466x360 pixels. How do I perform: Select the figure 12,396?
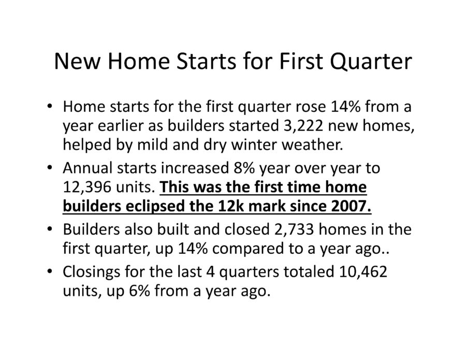coord(87,187)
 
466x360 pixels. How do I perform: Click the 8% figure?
coord(244,168)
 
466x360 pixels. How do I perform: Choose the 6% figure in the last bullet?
coord(139,291)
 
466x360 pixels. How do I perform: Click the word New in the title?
coord(76,61)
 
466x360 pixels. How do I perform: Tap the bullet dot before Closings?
coord(50,270)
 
